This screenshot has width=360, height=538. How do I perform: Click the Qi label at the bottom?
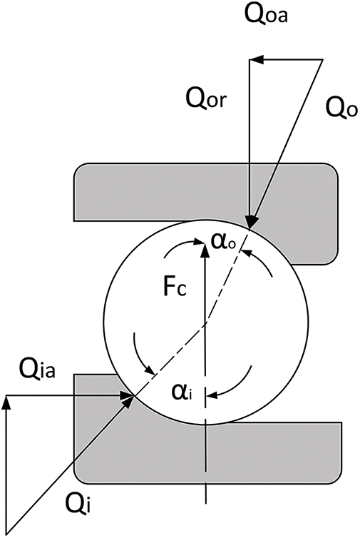tap(75, 508)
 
